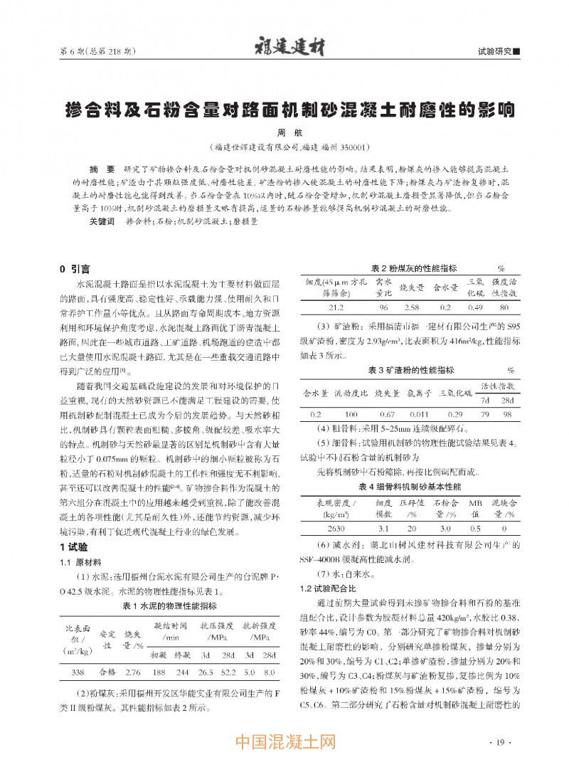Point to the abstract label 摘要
pyautogui.click(x=102, y=171)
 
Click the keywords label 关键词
pyautogui.click(x=102, y=221)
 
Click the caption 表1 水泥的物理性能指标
pyautogui.click(x=171, y=606)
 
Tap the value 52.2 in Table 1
pyautogui.click(x=229, y=672)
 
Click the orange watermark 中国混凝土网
pyautogui.click(x=285, y=744)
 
